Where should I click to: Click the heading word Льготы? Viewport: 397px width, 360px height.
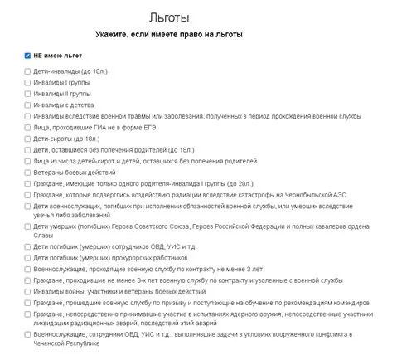(167, 17)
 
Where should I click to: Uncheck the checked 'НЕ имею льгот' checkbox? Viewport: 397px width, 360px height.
(28, 56)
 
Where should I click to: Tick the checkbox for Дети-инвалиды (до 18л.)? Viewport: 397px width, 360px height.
(28, 72)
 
